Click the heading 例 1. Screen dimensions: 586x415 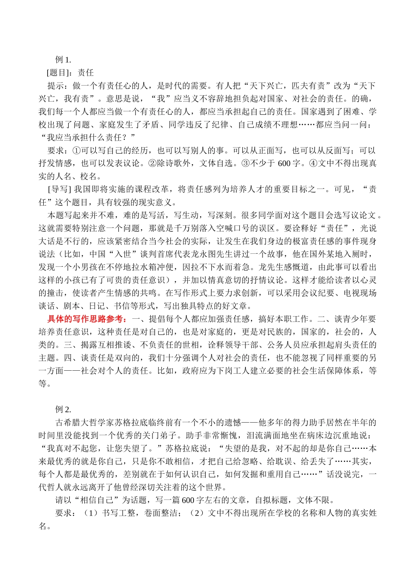click(62, 60)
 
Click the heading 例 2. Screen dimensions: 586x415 click(62, 410)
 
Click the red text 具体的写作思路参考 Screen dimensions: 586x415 click(86, 319)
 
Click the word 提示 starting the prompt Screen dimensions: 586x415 click(55, 86)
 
